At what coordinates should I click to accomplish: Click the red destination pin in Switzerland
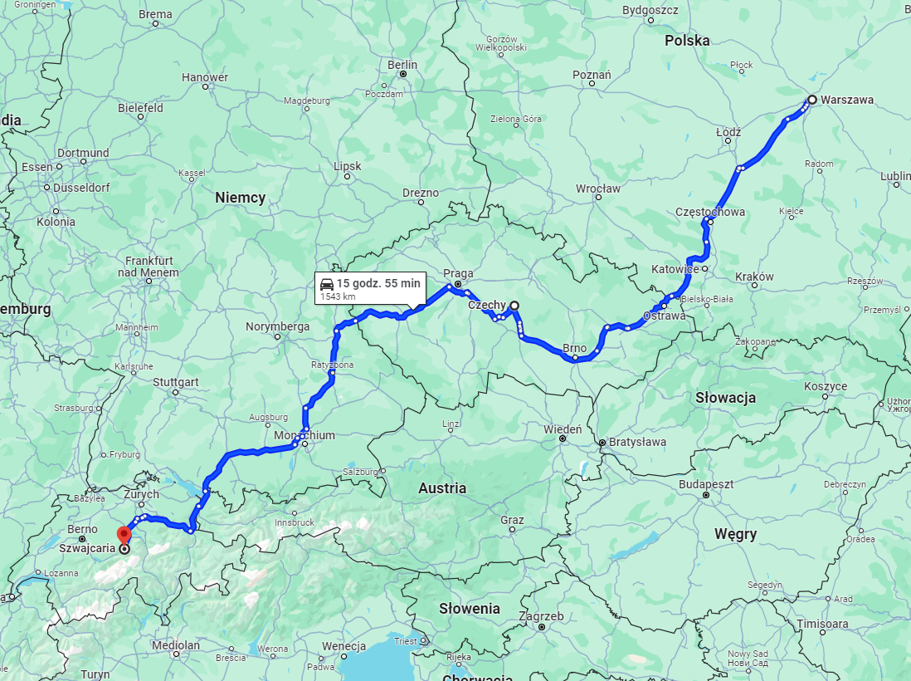pyautogui.click(x=124, y=534)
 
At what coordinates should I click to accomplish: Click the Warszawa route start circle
pyautogui.click(x=811, y=100)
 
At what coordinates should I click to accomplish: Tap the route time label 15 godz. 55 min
pyautogui.click(x=378, y=283)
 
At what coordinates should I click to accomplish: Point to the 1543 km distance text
pyautogui.click(x=338, y=296)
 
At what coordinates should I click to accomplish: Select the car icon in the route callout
pyautogui.click(x=327, y=284)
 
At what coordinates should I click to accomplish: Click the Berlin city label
pyautogui.click(x=402, y=65)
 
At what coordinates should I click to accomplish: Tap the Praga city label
pyautogui.click(x=458, y=273)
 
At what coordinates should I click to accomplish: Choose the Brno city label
pyautogui.click(x=575, y=348)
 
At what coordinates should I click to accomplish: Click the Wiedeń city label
pyautogui.click(x=563, y=429)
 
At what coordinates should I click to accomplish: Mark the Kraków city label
pyautogui.click(x=754, y=277)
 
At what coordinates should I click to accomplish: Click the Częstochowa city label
pyautogui.click(x=709, y=212)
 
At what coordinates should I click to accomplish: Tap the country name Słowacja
pyautogui.click(x=725, y=398)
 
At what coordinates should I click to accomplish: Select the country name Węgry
pyautogui.click(x=735, y=534)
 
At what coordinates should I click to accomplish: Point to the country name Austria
pyautogui.click(x=442, y=488)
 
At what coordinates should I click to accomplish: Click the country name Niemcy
pyautogui.click(x=240, y=198)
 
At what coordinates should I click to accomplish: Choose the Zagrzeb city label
pyautogui.click(x=541, y=616)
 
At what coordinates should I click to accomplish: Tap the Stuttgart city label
pyautogui.click(x=175, y=382)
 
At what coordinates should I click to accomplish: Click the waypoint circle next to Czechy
pyautogui.click(x=514, y=306)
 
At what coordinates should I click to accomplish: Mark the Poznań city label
pyautogui.click(x=592, y=75)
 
